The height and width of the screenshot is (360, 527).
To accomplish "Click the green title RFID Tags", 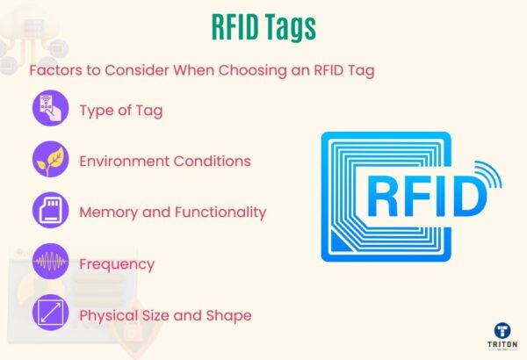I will coord(263,28).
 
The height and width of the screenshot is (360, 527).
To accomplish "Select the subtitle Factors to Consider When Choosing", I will coord(202,70).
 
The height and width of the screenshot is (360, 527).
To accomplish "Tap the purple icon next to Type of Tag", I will coord(49,111).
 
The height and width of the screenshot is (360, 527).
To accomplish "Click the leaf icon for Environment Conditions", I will coord(49,161).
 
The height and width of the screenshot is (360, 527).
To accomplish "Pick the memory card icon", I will coord(49,212).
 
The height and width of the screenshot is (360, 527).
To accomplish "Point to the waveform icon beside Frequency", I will coord(49,263).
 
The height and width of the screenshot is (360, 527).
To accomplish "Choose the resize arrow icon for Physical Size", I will coord(49,313).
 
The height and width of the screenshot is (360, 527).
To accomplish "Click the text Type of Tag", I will coord(120,111).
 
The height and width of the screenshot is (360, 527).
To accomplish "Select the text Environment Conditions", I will coord(165,162).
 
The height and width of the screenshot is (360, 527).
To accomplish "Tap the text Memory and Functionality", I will coord(172,212).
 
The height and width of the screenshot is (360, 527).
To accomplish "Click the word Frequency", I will coord(117,263).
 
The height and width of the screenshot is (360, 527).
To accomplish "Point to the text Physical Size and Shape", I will coord(165,314).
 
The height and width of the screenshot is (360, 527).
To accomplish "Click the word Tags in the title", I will coord(287,28).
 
